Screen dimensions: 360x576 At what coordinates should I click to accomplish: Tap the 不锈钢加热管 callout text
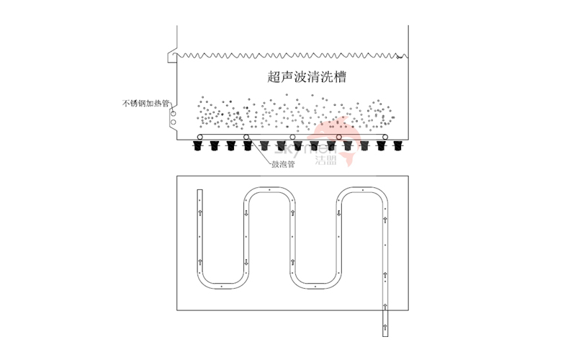coord(145,104)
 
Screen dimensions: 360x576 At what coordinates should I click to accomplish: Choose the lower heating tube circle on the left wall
coord(173,122)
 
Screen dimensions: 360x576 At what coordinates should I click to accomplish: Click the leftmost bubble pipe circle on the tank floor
coord(200,137)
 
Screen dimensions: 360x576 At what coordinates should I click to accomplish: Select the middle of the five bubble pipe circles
coord(292,137)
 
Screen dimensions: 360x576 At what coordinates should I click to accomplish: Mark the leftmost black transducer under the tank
coord(197,147)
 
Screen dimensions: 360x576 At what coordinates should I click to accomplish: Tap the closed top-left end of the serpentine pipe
coord(201,192)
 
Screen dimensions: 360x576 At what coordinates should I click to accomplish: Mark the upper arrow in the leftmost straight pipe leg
coord(201,212)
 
